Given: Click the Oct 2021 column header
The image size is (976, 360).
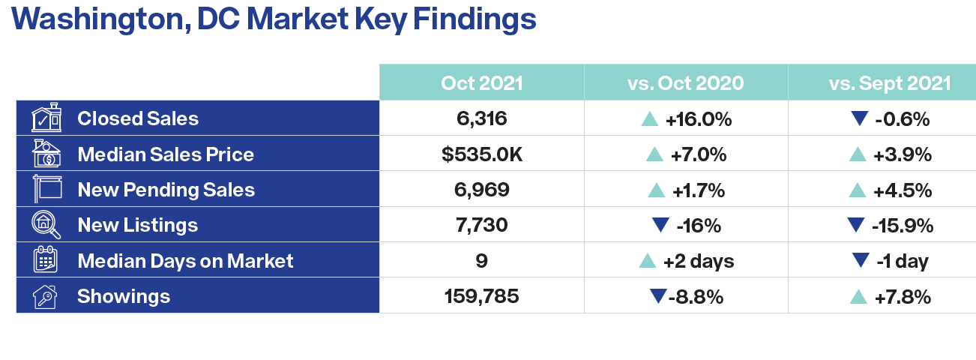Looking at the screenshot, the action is click(x=481, y=82).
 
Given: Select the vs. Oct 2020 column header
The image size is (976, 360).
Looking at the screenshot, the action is click(x=685, y=82).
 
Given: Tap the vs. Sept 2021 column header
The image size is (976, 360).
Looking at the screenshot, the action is click(x=890, y=82).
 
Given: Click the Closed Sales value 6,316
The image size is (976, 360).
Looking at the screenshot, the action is click(x=481, y=118).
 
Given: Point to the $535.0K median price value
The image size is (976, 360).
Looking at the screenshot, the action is click(x=481, y=154).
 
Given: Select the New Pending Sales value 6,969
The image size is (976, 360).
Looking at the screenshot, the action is click(x=481, y=190).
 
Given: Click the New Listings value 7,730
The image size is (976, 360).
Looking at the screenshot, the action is click(x=481, y=225).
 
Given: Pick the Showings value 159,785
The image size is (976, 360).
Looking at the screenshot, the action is click(x=481, y=296).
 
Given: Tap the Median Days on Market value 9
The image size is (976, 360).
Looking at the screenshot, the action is click(x=481, y=261).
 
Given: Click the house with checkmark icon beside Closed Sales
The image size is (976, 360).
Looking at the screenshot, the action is click(x=46, y=118).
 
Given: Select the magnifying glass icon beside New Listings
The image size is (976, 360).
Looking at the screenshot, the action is click(x=46, y=225).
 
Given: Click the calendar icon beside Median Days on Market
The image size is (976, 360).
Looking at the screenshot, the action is click(x=45, y=259).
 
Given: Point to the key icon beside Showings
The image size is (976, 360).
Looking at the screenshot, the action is click(x=45, y=297).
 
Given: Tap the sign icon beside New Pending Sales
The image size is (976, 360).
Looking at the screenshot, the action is click(x=47, y=189).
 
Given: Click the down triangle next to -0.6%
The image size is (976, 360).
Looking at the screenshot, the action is click(x=860, y=118).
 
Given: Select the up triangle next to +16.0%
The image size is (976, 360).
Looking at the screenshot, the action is click(x=650, y=119).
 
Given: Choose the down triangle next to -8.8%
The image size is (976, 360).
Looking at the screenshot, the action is click(x=658, y=296).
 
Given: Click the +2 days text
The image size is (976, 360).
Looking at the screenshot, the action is click(x=699, y=261).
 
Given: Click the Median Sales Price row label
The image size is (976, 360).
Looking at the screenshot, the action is click(x=166, y=154).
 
